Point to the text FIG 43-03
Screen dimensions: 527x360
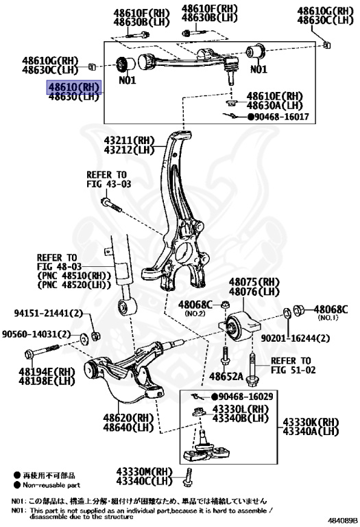(108, 185)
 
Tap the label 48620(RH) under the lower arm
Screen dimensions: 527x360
(129, 417)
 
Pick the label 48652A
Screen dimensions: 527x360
(227, 377)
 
